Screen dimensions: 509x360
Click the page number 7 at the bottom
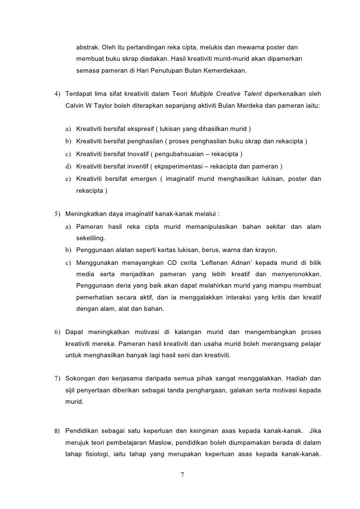(182, 475)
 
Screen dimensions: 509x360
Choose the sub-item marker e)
(68, 178)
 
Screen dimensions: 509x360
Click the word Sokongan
(82, 379)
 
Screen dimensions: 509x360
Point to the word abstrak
(88, 47)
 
